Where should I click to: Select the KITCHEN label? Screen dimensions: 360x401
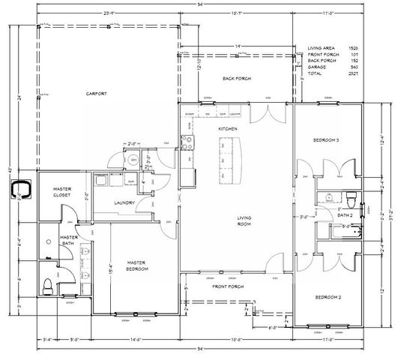click(x=228, y=130)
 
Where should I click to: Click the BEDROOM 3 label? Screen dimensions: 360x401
click(x=327, y=140)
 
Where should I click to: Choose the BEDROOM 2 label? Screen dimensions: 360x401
click(x=328, y=297)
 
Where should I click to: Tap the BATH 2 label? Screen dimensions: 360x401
click(x=345, y=215)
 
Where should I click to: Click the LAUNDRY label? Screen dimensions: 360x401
click(x=124, y=202)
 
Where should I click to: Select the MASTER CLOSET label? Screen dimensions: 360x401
click(x=61, y=192)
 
